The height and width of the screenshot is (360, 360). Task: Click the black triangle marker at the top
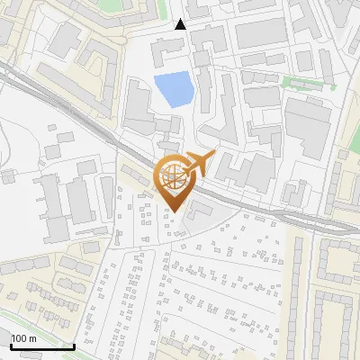(x=180, y=24)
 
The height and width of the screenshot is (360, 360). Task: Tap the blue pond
(x=173, y=89)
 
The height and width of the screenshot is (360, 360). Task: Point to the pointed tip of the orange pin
(x=174, y=212)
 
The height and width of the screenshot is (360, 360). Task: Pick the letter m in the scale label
(x=32, y=338)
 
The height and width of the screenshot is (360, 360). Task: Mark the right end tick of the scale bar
(x=74, y=344)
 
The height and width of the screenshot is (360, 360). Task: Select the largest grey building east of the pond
(x=310, y=127)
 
